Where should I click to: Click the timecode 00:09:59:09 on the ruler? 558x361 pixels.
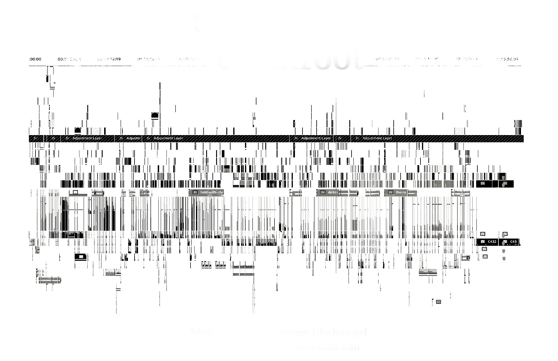click(109, 59)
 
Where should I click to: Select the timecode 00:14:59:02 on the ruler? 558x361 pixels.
click(149, 59)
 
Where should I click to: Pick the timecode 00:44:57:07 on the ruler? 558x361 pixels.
click(387, 59)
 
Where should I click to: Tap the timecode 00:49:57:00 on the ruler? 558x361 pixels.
click(427, 59)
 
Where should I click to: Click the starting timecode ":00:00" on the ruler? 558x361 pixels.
click(35, 59)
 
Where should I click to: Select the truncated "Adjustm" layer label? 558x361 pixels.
click(133, 138)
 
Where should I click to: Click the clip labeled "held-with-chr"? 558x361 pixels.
click(212, 192)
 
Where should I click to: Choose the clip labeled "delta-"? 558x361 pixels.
click(332, 192)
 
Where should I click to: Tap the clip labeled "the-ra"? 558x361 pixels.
click(401, 192)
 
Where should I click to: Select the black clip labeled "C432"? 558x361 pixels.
click(492, 242)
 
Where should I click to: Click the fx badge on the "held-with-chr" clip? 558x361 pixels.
click(195, 192)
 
